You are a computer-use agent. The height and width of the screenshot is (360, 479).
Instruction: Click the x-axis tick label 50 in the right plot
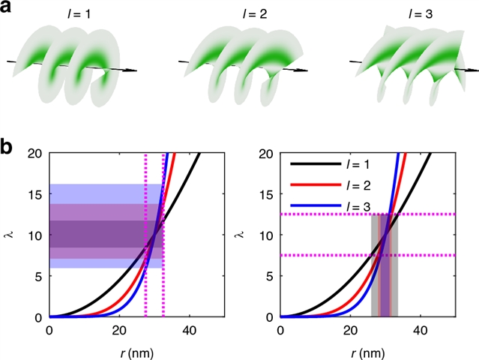[455, 329]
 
